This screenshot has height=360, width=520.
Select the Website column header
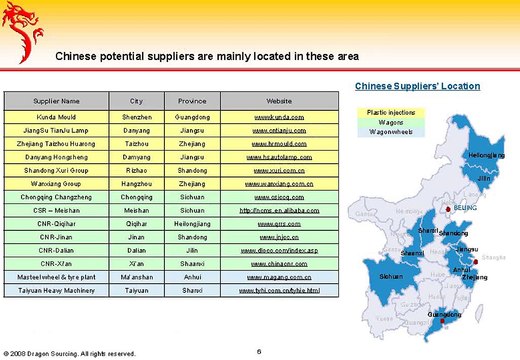point(279,101)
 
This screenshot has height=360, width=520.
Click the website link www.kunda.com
point(279,118)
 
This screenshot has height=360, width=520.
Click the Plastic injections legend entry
point(392,113)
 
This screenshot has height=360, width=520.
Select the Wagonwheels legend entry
point(392,132)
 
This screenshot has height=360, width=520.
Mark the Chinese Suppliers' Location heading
point(417,86)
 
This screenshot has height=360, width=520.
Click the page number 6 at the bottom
point(259,350)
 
